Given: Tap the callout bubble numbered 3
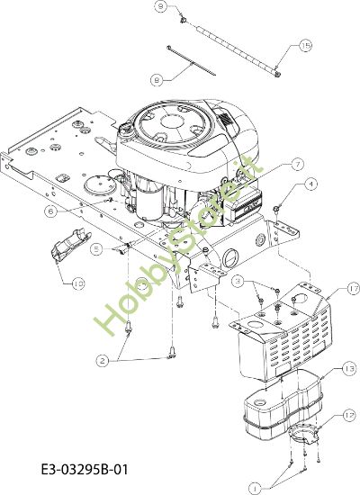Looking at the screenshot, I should click(237, 282).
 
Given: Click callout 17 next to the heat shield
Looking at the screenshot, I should click(328, 290).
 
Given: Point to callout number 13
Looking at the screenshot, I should click(324, 369).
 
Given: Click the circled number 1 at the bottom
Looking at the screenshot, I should click(256, 487).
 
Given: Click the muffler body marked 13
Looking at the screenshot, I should click(270, 405).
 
